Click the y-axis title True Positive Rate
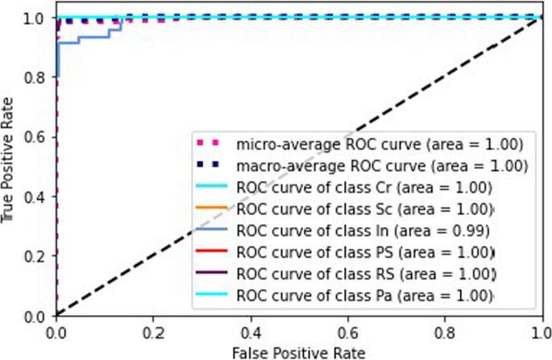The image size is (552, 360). (9, 165)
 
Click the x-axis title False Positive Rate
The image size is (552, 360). (299, 351)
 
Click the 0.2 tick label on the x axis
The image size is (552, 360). (153, 331)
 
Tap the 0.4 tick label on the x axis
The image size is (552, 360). (251, 331)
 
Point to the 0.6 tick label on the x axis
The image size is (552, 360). (348, 331)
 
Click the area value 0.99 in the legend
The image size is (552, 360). (475, 230)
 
